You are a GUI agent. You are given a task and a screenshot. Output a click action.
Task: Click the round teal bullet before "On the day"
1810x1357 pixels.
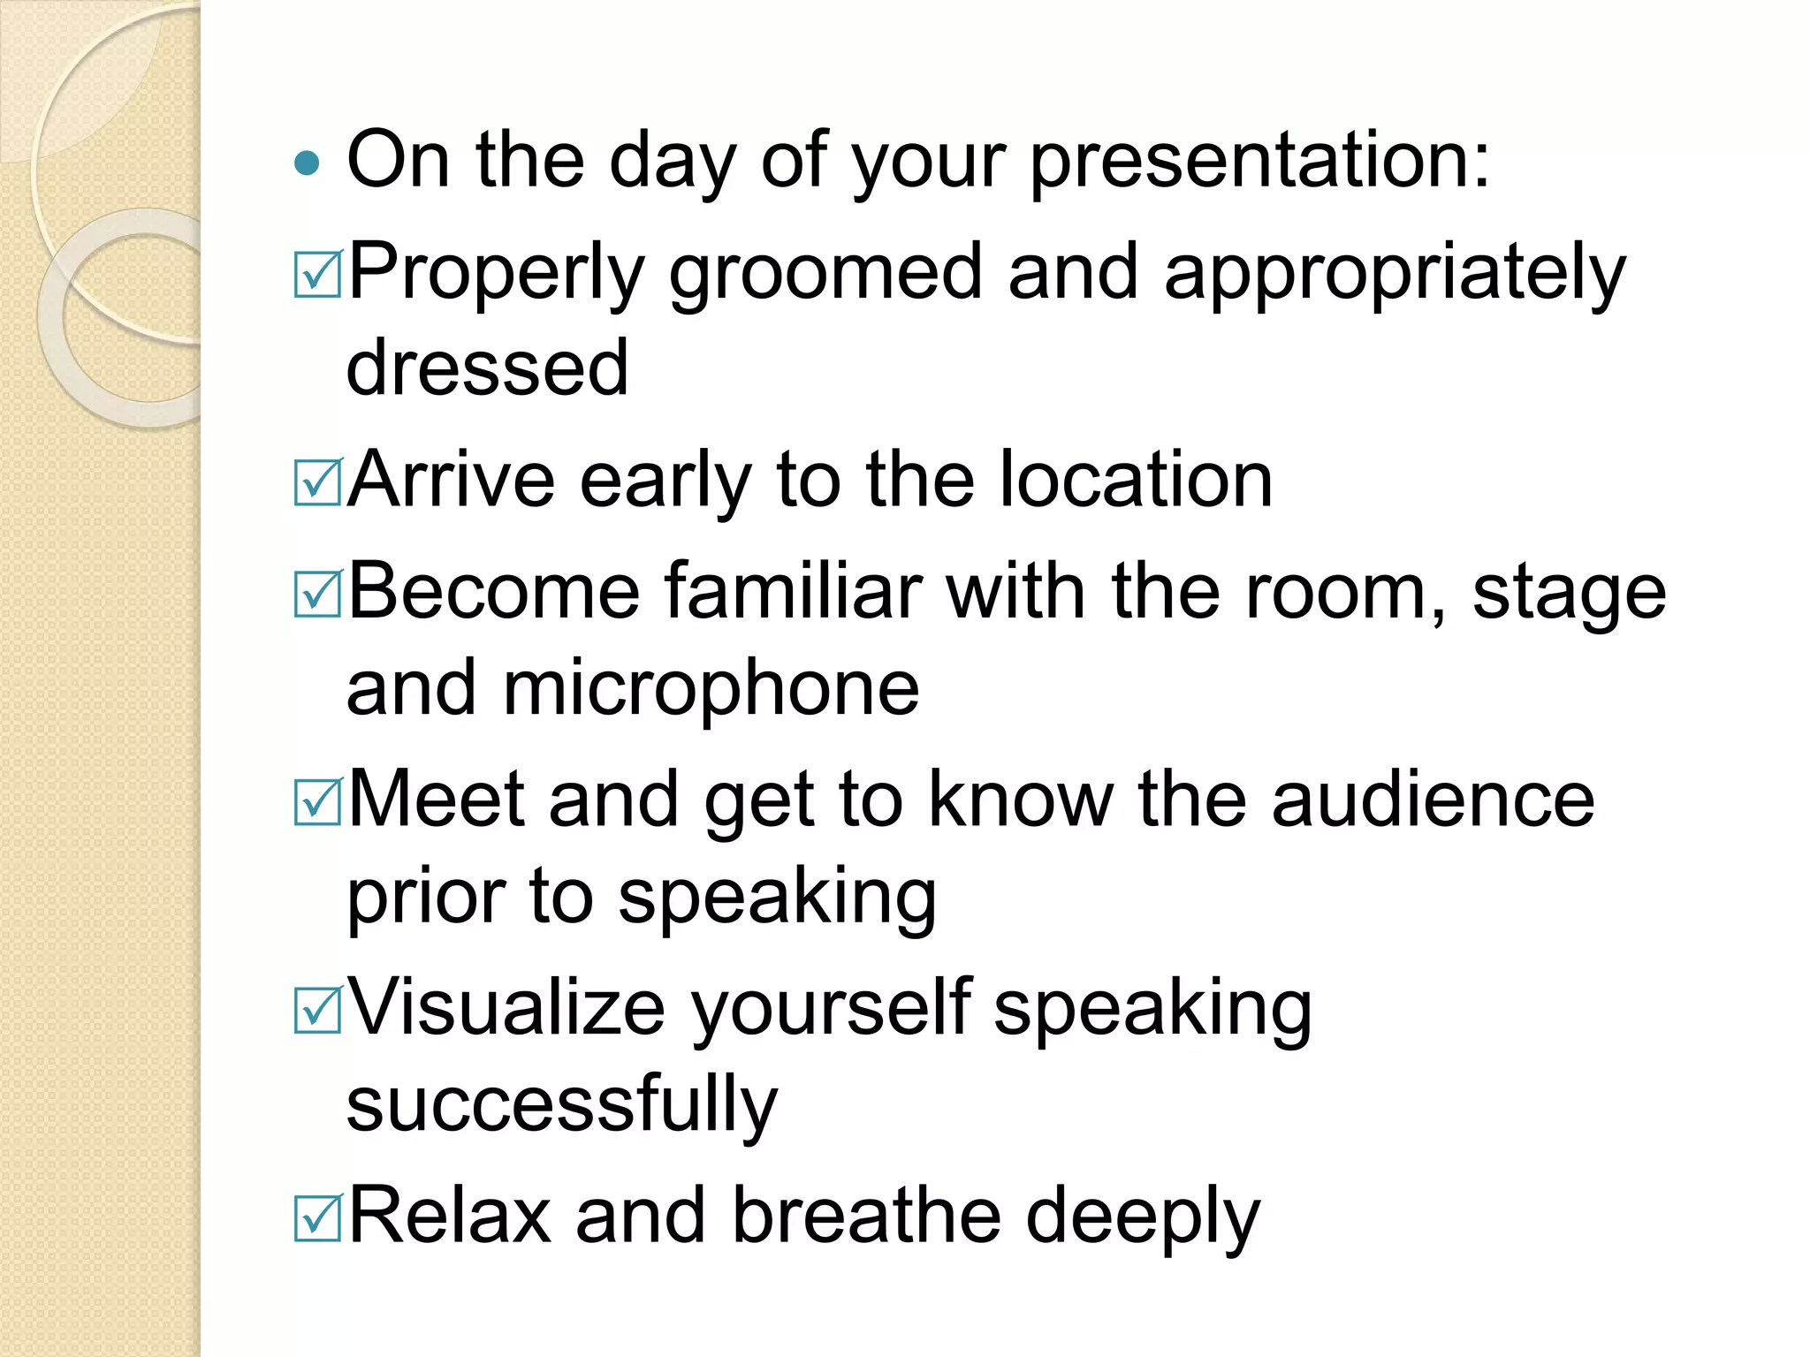click(306, 163)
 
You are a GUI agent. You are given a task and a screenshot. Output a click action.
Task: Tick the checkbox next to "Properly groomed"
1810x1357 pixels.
click(317, 275)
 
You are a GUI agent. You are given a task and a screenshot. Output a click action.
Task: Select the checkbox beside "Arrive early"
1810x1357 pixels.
click(317, 483)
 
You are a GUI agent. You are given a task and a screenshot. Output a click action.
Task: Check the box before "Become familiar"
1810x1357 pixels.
click(317, 595)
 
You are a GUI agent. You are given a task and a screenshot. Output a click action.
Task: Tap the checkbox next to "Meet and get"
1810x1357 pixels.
click(317, 803)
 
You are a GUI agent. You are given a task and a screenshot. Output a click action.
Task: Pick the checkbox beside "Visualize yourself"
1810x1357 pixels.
click(317, 1011)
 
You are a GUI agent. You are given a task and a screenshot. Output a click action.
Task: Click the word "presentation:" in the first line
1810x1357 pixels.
click(1259, 162)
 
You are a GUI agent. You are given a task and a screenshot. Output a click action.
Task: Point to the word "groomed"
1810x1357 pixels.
click(825, 275)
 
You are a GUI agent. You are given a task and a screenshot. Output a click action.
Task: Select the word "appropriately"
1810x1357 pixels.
click(1394, 275)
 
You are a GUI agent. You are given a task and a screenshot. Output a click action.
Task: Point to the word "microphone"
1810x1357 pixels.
click(711, 689)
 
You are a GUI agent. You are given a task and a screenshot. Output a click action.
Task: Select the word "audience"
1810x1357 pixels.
click(1432, 800)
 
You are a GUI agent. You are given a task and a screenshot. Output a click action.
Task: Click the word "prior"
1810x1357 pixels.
click(424, 898)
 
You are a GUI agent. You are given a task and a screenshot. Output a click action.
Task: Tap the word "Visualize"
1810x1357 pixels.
click(506, 1008)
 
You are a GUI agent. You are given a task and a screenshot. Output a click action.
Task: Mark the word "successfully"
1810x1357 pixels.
click(562, 1105)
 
